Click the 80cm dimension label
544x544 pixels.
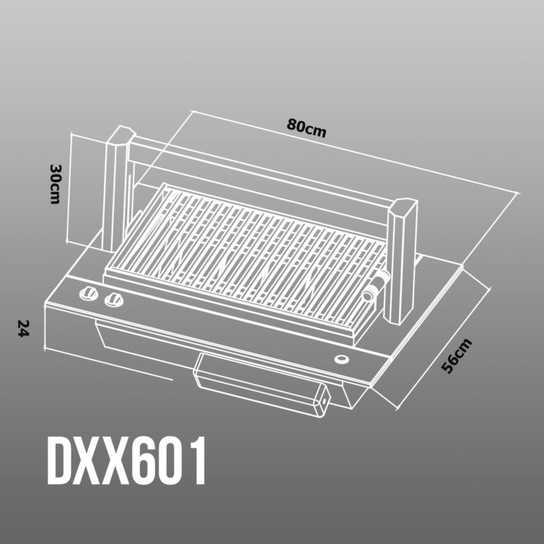coord(307,128)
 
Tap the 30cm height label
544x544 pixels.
coord(56,184)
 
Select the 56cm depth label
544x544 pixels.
coord(456,356)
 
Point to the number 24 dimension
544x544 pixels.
coord(24,328)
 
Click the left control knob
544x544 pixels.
coord(89,294)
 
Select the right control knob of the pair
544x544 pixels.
coord(114,300)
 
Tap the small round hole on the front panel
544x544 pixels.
coord(341,359)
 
